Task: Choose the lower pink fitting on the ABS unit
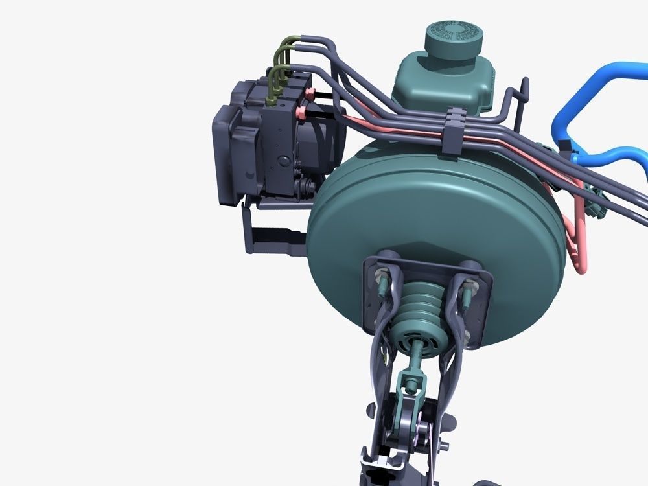(x=303, y=114)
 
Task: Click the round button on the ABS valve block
(x=283, y=160)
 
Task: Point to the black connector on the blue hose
(x=571, y=154)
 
